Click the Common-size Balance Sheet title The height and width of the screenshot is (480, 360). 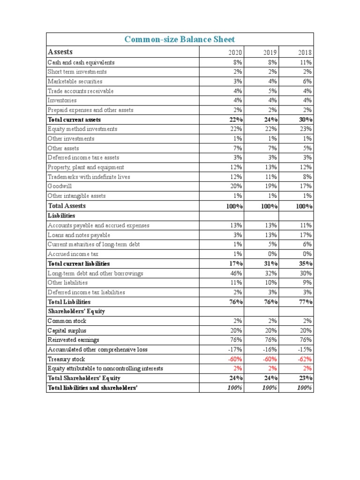pos(180,39)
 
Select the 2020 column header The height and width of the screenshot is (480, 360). pos(235,52)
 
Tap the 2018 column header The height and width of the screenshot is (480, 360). pos(305,52)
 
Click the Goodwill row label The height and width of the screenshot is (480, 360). pos(60,186)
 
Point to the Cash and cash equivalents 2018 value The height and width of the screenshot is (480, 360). pos(307,62)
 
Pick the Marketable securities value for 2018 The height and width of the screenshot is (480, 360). pos(307,82)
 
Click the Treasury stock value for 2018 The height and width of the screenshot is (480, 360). pos(305,359)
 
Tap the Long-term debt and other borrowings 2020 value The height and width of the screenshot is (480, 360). pos(236,273)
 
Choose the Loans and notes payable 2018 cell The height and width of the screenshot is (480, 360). pos(307,235)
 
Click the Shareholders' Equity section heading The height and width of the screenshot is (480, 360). pos(76,311)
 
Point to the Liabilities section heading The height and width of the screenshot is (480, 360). pos(61,216)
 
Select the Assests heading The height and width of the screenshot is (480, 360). pos(60,52)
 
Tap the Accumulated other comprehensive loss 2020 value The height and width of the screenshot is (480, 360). pos(235,350)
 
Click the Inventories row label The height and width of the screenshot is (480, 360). pos(62,100)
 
